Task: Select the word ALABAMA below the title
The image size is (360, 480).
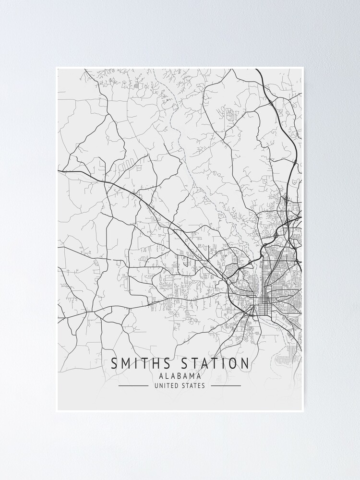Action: [x=180, y=376]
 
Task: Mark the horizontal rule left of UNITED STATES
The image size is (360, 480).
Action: [x=133, y=385]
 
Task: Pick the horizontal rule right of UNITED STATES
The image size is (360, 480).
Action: [x=226, y=385]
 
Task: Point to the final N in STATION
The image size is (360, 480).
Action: [x=245, y=363]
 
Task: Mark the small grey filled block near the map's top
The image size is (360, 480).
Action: [x=136, y=86]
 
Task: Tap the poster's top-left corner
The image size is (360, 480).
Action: [x=56, y=67]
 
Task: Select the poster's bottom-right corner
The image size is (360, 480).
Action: [x=304, y=412]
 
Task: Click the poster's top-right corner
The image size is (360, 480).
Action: [x=304, y=67]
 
